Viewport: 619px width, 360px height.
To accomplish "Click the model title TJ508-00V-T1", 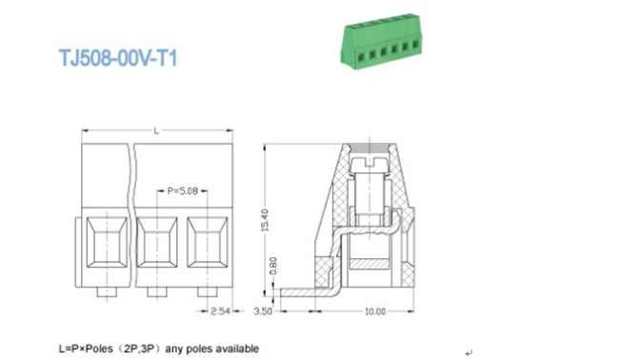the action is pyautogui.click(x=118, y=58).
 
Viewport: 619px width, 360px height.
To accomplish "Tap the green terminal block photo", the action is pyautogui.click(x=381, y=41).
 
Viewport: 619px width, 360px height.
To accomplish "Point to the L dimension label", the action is pyautogui.click(x=157, y=130).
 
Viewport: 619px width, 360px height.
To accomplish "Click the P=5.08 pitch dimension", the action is pyautogui.click(x=183, y=191).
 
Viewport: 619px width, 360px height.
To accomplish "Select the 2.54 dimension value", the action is pyautogui.click(x=220, y=311).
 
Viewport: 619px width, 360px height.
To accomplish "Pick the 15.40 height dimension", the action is pyautogui.click(x=265, y=220).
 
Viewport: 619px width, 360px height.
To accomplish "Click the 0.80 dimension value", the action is pyautogui.click(x=273, y=266).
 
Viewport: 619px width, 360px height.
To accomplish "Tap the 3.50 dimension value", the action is pyautogui.click(x=263, y=311).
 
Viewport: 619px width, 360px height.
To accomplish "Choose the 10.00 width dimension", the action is pyautogui.click(x=374, y=311).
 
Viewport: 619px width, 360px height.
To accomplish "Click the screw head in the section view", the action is pyautogui.click(x=369, y=162).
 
